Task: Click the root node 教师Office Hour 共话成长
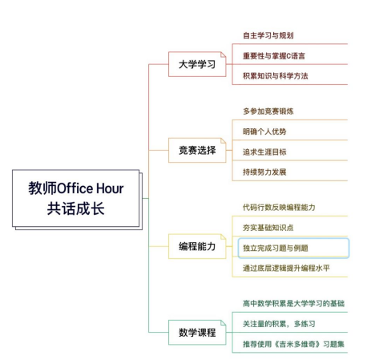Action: (76, 198)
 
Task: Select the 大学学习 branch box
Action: (197, 64)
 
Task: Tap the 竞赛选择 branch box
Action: (197, 150)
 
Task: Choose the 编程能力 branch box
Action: (197, 246)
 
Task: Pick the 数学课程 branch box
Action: (197, 333)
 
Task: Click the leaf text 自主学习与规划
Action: (268, 35)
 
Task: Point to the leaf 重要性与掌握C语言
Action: (274, 56)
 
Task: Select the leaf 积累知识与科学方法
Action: (276, 76)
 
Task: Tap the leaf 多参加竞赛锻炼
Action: (268, 111)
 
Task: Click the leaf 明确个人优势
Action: (264, 131)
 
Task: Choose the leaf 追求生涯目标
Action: (264, 152)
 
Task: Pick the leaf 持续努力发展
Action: (264, 172)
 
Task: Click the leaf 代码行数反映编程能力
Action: (279, 207)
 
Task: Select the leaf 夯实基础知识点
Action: (268, 228)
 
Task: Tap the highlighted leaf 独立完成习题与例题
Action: (293, 248)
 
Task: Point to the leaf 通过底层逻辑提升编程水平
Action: (286, 268)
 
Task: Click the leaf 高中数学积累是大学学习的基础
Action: (293, 303)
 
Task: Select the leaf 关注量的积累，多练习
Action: (279, 324)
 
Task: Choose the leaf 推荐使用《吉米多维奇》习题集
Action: (293, 344)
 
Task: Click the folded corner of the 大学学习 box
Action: (223, 55)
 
